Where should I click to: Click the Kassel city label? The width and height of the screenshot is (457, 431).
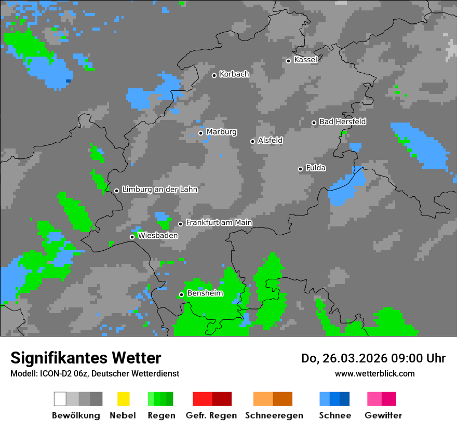pos(305,60)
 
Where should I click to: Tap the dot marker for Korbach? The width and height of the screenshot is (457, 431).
pos(214,75)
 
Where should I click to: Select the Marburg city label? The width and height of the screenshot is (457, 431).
pos(221,132)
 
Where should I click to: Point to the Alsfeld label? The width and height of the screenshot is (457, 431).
pos(270,140)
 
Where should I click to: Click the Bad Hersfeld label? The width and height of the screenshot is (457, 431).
pos(342,122)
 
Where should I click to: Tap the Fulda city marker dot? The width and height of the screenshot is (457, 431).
pos(300,169)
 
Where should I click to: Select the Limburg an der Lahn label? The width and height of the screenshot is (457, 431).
pos(159,190)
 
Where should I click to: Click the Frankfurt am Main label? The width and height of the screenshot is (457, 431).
pos(219,222)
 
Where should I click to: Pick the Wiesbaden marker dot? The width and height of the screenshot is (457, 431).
pos(132,237)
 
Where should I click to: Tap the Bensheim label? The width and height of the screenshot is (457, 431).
pos(205,293)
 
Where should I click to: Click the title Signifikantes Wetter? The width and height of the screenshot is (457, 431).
pos(86,358)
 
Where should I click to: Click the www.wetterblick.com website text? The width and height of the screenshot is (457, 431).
pos(374,373)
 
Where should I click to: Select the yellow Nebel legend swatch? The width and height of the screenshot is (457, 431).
pos(123,399)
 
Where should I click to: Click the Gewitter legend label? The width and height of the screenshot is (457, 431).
pos(383,415)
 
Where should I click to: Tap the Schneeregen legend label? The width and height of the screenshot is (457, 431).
pos(273,415)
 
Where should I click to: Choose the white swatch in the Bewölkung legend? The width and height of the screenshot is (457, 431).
pos(60,399)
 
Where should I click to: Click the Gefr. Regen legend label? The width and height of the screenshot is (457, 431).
pos(211,415)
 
